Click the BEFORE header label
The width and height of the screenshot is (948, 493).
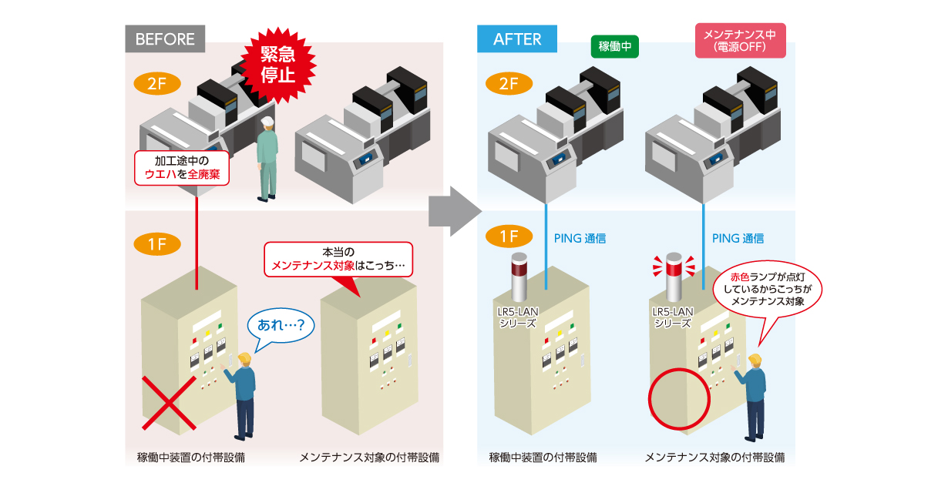(165, 39)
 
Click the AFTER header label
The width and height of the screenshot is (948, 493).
(516, 39)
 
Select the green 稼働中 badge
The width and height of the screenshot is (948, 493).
(615, 46)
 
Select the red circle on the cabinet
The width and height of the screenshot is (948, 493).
(679, 401)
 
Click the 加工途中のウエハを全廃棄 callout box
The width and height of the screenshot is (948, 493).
(182, 168)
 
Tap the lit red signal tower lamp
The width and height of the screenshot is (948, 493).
(674, 268)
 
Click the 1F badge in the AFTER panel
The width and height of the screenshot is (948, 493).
(509, 236)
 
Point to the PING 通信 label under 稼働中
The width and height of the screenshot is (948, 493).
(580, 239)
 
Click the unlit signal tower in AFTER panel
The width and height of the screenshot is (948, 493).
(519, 278)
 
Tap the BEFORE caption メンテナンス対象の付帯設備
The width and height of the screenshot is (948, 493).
(369, 458)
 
